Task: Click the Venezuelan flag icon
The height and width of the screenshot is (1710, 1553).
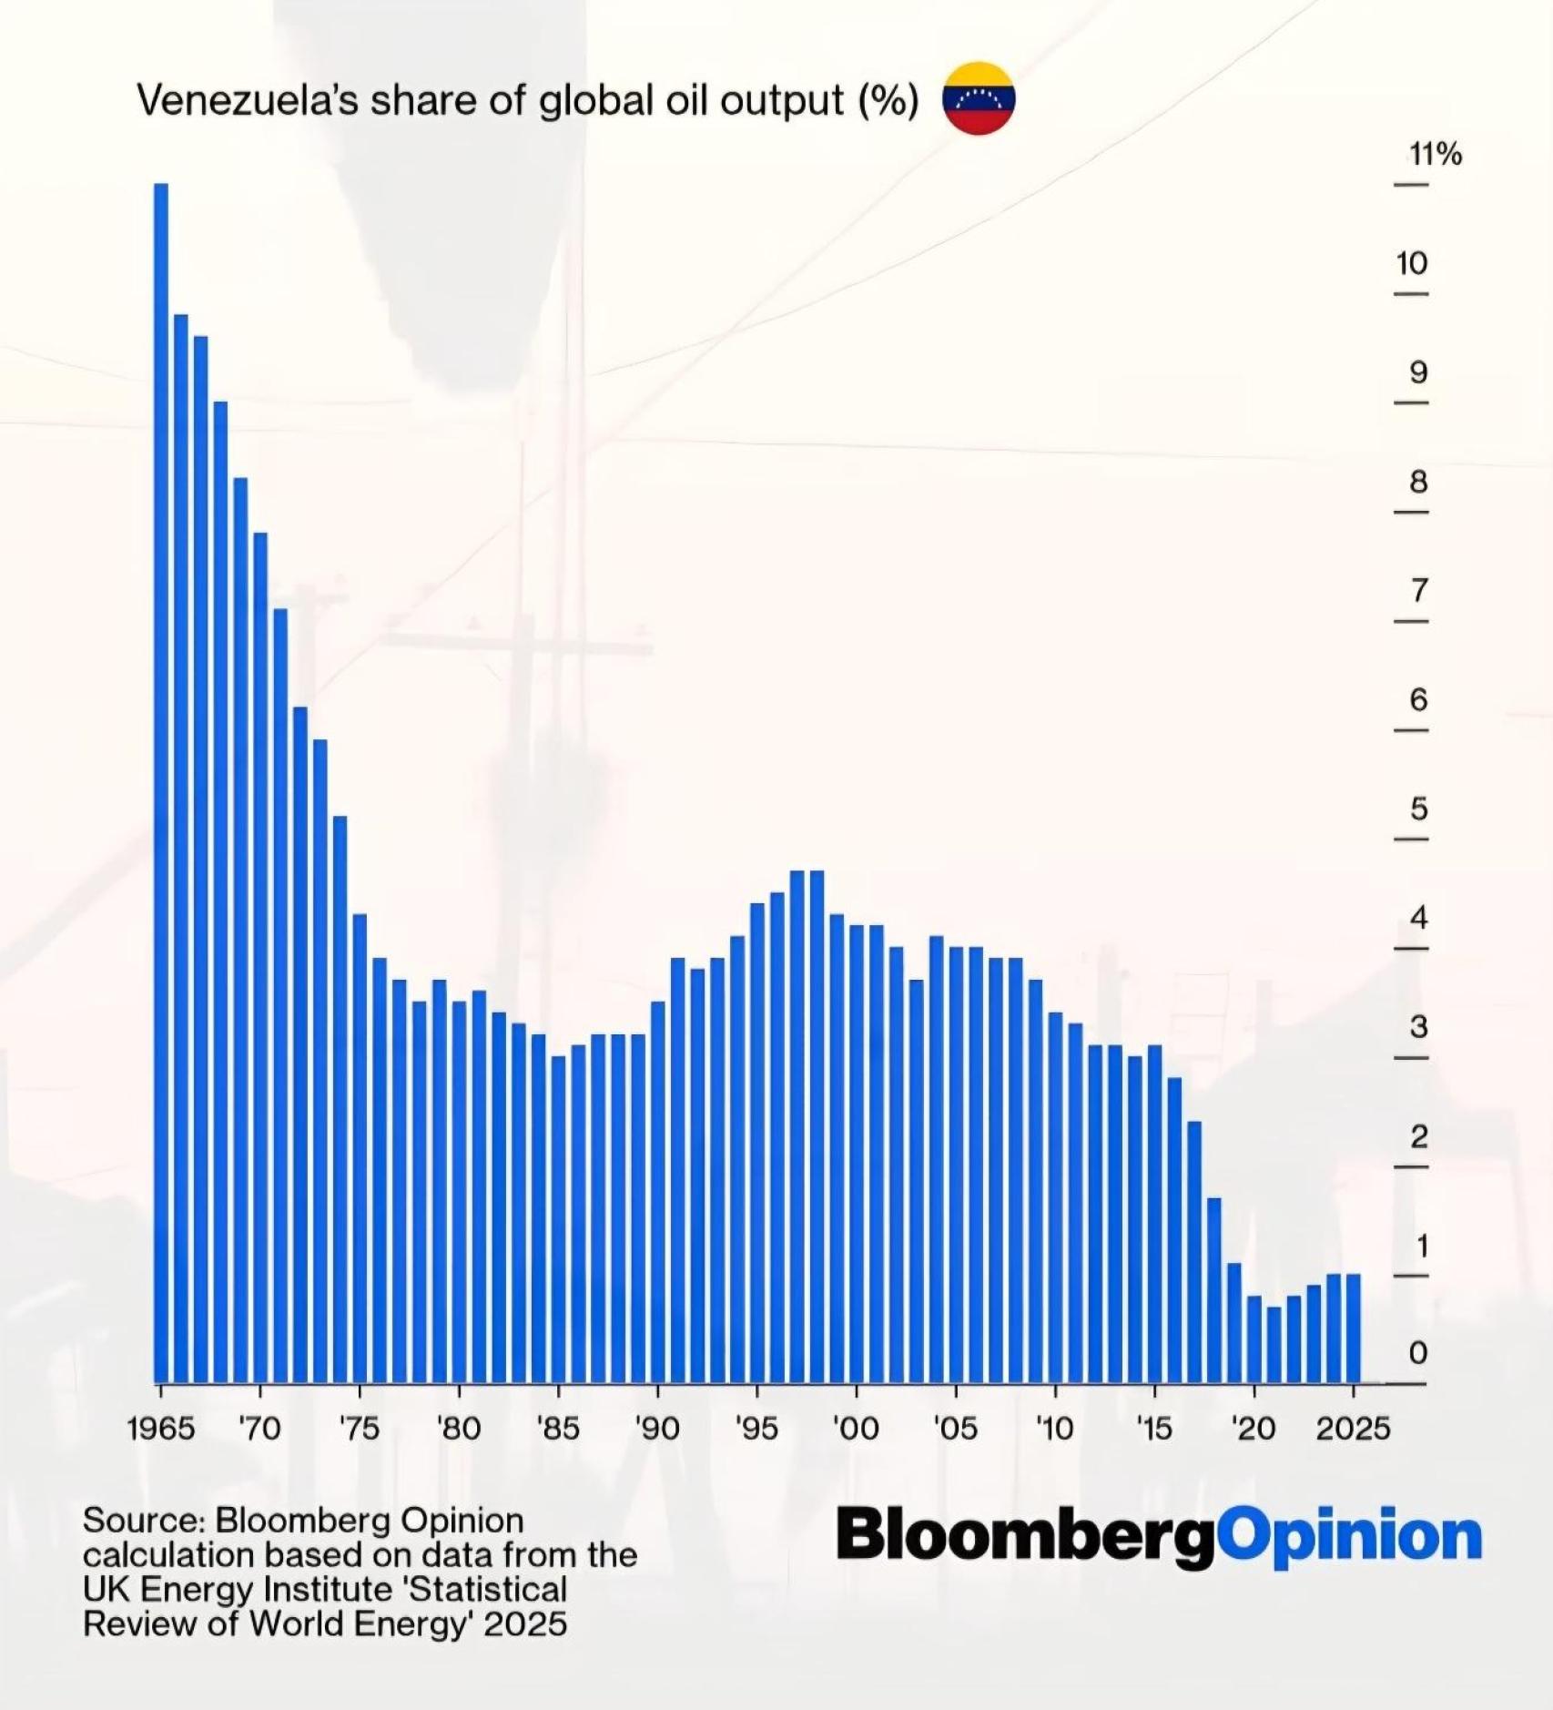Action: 979,98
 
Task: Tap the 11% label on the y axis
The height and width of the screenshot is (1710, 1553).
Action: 1436,155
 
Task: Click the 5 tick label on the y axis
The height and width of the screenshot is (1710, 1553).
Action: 1418,809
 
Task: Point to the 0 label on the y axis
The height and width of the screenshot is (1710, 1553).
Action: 1418,1353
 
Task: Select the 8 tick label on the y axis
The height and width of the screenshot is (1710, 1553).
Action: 1418,482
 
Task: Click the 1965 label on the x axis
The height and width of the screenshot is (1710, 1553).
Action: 161,1428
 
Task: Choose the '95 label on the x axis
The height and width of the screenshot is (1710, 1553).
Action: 756,1428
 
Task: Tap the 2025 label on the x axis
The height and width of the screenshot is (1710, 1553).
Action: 1353,1428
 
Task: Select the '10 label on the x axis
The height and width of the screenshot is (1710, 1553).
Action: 1055,1428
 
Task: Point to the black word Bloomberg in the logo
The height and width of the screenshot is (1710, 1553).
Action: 1026,1535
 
